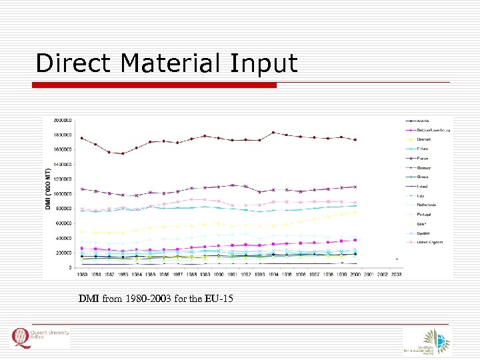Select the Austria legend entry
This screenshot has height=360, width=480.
coord(424,121)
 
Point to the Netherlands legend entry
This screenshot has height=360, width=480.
coord(427,205)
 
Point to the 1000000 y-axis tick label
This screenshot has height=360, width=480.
coord(64,194)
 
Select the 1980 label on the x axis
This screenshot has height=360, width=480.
coord(82,274)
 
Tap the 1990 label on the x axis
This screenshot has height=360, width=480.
coord(219,274)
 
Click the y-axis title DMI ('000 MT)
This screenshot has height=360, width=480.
coord(49,193)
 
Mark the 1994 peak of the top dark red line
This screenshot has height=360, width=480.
coord(273,133)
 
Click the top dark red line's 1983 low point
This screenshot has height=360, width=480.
coord(123,153)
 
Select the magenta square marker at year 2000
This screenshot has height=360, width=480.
coord(355,240)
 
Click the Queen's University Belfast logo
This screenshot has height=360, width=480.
coord(40,339)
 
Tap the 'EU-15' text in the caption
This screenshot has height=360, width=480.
coord(219,298)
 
